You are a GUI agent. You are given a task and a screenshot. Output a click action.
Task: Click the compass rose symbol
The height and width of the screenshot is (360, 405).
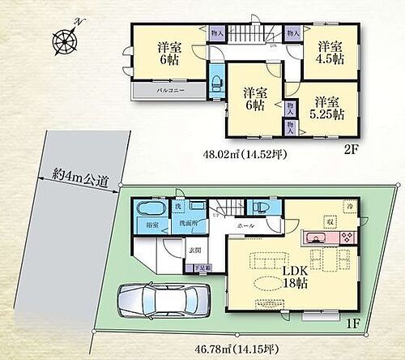click(65, 38)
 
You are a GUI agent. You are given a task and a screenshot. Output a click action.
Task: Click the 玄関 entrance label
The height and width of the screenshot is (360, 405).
click(195, 251)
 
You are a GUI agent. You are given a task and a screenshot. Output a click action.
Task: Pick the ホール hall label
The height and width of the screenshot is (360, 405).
click(245, 225)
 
